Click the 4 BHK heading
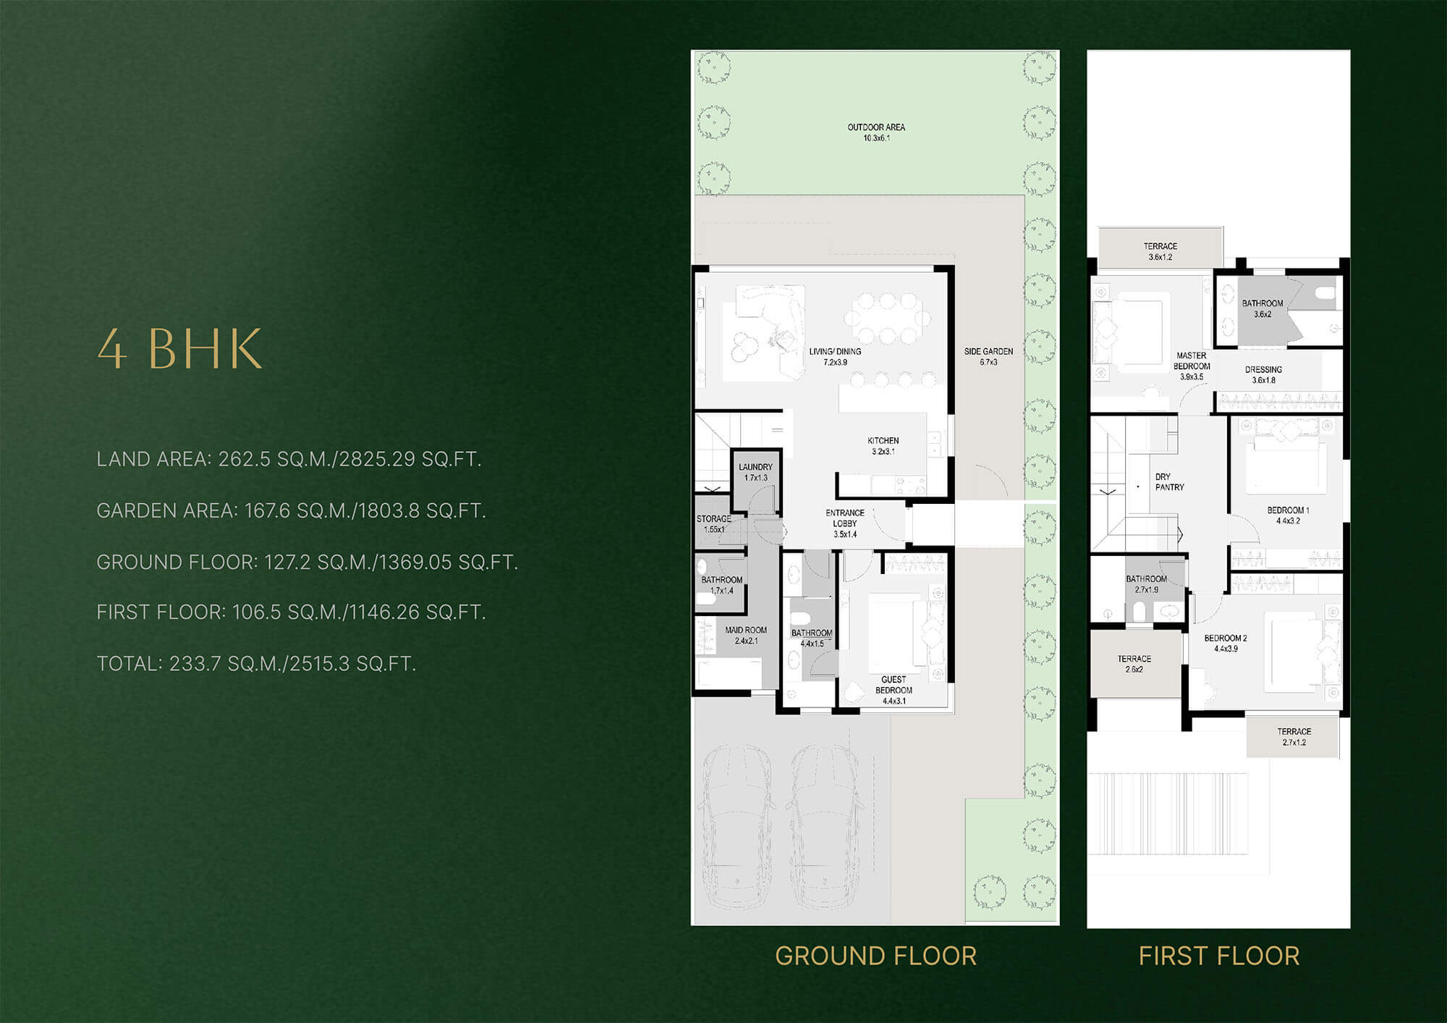tap(179, 349)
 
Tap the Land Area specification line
tap(289, 459)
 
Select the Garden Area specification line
tap(291, 510)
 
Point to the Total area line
tap(256, 664)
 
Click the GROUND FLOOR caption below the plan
tap(876, 956)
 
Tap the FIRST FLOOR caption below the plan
tap(1219, 956)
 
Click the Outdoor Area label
tap(876, 132)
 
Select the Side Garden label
tap(988, 356)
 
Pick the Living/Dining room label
tap(835, 356)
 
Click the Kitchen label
tap(883, 446)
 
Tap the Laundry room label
tap(755, 472)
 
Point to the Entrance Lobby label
tap(845, 523)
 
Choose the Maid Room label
tap(746, 636)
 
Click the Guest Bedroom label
tap(894, 690)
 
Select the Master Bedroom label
tap(1192, 366)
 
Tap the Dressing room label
tap(1263, 374)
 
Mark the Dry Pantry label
tap(1169, 482)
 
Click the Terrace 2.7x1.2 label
tap(1294, 737)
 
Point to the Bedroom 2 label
tap(1226, 644)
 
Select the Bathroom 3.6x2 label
tap(1263, 308)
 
